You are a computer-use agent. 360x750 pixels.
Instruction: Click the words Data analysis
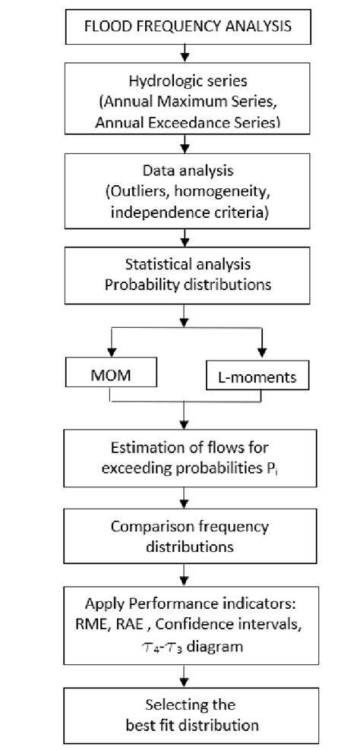point(183,172)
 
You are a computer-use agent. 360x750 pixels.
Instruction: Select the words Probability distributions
point(183,285)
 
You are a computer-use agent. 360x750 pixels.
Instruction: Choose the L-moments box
point(254,374)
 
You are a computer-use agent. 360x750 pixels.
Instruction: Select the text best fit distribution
point(183,725)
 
